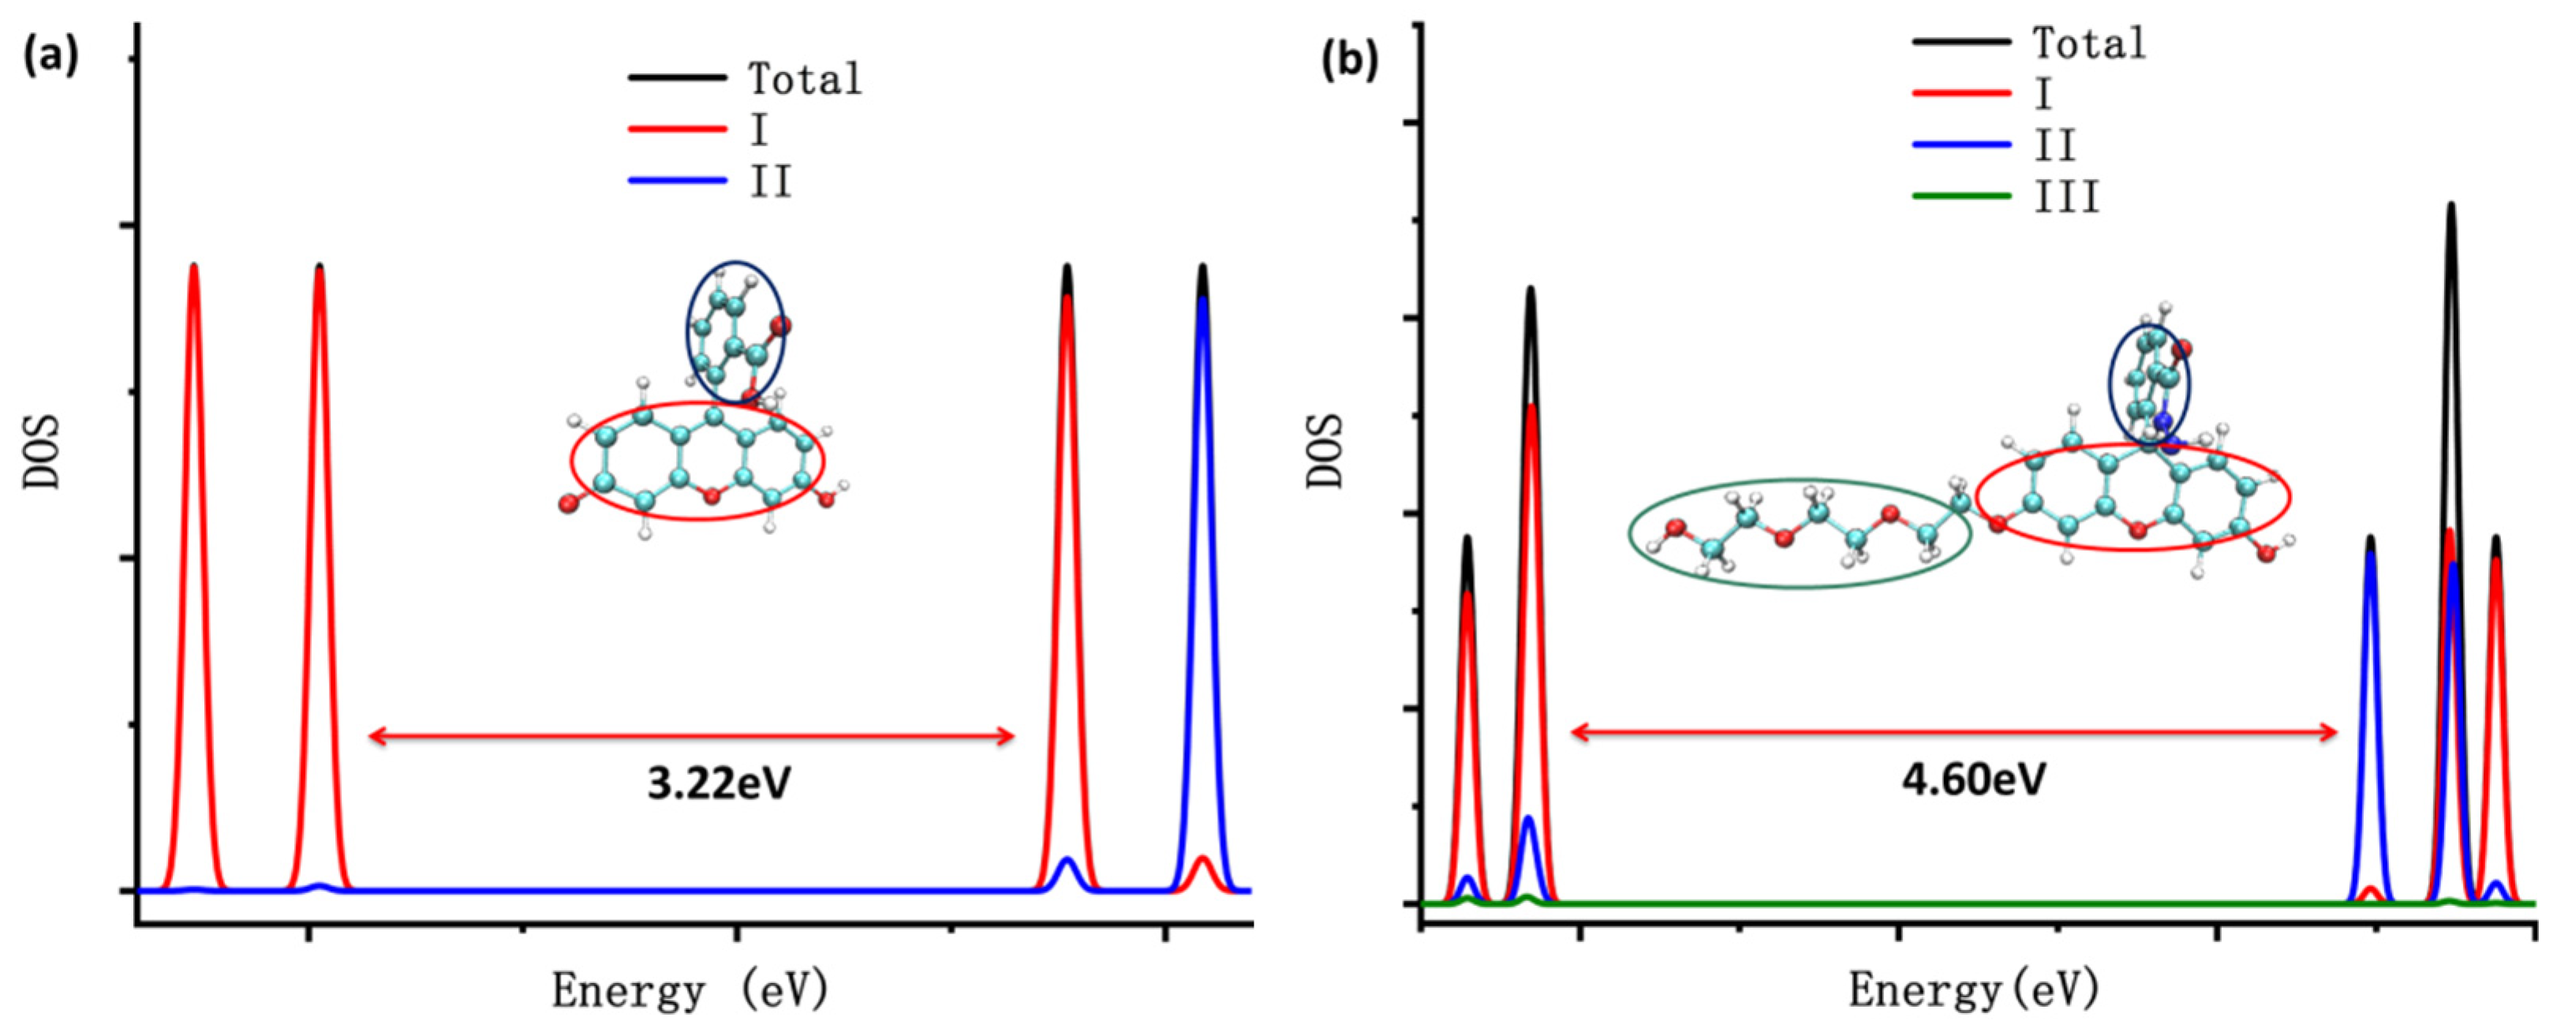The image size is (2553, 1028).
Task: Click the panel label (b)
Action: [1350, 61]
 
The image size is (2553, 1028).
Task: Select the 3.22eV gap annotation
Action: [720, 783]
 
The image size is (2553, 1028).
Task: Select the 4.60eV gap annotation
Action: [1973, 779]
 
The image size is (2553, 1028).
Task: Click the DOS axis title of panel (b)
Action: [1325, 451]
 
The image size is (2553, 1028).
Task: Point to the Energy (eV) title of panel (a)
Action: [690, 990]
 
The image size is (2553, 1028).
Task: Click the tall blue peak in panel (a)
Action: [1202, 495]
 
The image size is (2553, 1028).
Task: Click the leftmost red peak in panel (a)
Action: [194, 495]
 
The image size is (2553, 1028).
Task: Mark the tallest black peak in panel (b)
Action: [2451, 297]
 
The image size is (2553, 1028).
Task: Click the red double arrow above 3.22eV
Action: [691, 735]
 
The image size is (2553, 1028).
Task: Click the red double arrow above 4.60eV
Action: [1953, 733]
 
